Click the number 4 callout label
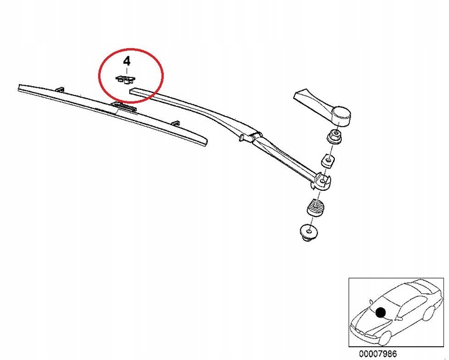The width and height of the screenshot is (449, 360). (x=127, y=61)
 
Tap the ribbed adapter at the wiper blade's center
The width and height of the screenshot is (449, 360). (x=125, y=107)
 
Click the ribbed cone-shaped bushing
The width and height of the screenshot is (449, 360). (x=314, y=207)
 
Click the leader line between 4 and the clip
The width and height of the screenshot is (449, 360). (x=127, y=71)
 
